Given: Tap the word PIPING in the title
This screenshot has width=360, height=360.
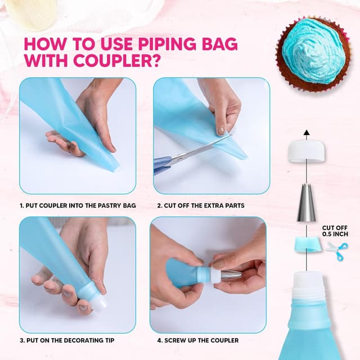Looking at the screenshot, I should tap(163, 43).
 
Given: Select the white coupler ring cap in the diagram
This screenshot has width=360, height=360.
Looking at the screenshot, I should tap(306, 151).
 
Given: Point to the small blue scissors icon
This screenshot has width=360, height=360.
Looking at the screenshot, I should tap(337, 247).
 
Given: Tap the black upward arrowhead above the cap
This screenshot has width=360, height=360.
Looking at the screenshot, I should tap(306, 133).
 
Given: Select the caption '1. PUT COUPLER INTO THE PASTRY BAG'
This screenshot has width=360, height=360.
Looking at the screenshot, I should tap(78, 205).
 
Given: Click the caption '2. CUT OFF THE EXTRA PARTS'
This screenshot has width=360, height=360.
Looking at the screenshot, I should tap(202, 205).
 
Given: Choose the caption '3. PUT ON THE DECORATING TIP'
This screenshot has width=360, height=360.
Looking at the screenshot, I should tap(69, 340).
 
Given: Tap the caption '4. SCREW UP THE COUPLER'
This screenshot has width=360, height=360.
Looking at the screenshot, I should tap(197, 340).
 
